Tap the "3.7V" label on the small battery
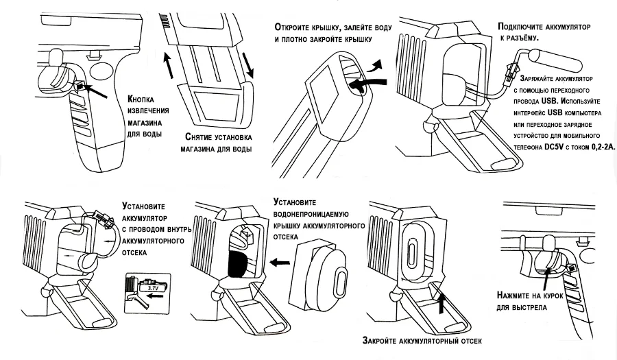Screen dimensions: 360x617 152,289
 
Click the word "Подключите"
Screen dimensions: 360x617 527,26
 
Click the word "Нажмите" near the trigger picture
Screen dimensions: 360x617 515,296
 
